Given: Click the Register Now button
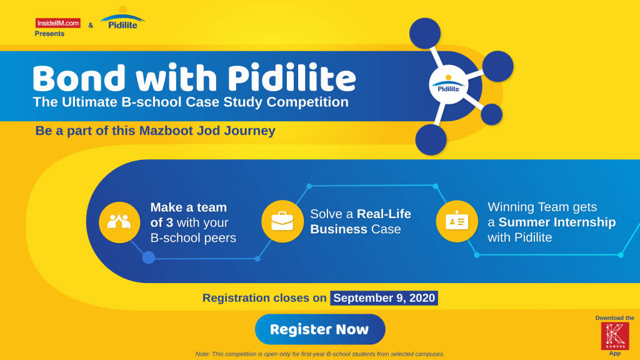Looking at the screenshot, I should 319,329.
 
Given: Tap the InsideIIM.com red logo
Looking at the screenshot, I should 57,23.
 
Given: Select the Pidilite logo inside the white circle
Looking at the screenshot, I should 448,86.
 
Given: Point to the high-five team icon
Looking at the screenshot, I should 119,222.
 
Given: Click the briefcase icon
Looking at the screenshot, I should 282,221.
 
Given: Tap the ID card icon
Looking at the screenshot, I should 456,221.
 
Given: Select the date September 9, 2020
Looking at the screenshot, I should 384,298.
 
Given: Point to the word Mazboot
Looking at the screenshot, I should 184,131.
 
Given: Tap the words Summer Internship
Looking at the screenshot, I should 557,222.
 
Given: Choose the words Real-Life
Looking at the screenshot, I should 384,214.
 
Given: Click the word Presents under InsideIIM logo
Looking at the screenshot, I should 49,34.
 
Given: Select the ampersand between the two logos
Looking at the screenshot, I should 91,25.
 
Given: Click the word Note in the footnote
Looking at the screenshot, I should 203,354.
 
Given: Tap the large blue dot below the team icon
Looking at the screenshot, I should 148,257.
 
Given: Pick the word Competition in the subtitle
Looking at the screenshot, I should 306,102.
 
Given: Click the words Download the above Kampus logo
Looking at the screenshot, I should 614,317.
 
